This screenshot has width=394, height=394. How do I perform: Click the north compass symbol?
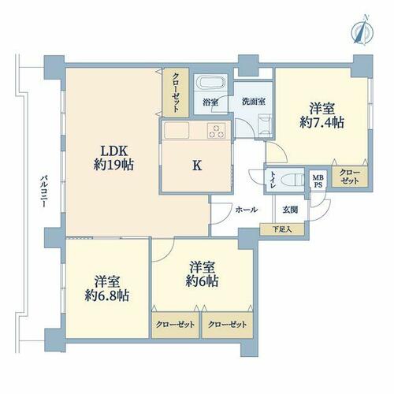point(362,32)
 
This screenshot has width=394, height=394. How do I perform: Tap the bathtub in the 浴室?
point(211,84)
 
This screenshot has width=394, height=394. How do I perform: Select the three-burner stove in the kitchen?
point(216,131)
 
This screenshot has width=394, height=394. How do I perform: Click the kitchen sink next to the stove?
point(177,130)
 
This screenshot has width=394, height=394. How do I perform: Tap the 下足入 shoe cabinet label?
point(282,229)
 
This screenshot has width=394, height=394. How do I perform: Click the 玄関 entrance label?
point(290,210)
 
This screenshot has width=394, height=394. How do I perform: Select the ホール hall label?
point(247,210)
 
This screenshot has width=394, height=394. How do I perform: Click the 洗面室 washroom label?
point(253,102)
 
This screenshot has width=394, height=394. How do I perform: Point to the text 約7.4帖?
point(322,122)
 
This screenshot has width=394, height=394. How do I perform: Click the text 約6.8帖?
point(107,295)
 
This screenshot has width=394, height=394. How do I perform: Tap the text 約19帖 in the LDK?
point(113,165)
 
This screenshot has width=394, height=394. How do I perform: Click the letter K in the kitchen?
point(197,165)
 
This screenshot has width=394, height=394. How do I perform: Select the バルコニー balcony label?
point(43,191)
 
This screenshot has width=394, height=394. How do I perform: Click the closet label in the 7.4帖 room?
point(349,177)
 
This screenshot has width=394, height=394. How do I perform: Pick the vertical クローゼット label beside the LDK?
point(176,93)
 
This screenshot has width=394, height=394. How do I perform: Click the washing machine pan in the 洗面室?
point(265,126)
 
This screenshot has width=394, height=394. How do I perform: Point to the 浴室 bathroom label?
point(210,102)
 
